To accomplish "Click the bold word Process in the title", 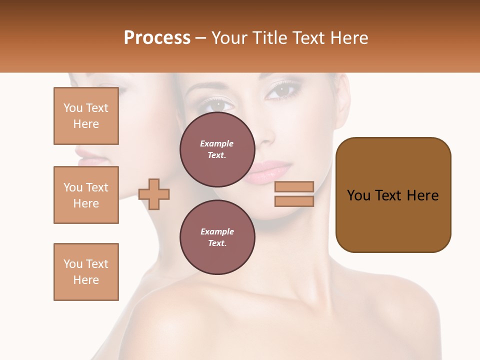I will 157,38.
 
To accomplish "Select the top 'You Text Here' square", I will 86,116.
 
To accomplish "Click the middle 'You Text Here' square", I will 86,195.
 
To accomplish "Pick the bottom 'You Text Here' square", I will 86,272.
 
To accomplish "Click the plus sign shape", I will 154,194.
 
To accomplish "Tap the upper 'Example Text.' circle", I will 217,149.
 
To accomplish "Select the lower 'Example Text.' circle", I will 217,237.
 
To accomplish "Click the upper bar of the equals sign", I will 294,186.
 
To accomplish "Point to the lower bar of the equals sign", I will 294,201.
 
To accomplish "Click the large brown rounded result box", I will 393,195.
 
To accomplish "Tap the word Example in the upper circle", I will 216,143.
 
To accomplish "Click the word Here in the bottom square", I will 86,280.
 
